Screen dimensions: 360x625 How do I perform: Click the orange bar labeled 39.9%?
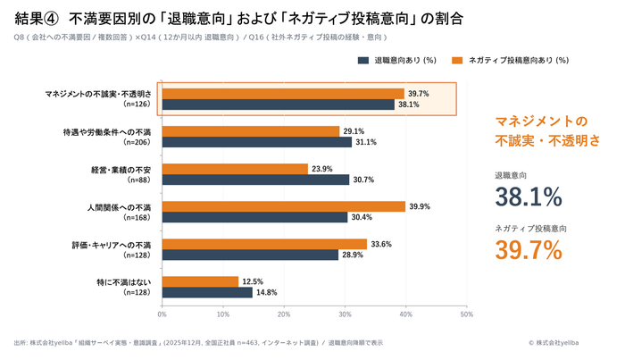click(x=283, y=205)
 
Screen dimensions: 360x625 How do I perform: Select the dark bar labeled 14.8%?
click(x=207, y=292)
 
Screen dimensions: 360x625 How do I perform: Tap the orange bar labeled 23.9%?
click(x=235, y=168)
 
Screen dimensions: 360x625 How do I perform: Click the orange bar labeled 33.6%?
click(x=264, y=243)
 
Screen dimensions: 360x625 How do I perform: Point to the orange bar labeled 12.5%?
click(x=200, y=280)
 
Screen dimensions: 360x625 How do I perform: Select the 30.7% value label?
click(x=362, y=180)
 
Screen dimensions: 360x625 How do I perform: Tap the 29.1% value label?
click(x=353, y=130)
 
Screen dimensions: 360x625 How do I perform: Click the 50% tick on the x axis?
click(x=466, y=314)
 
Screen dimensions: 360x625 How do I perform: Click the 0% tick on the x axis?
click(x=162, y=314)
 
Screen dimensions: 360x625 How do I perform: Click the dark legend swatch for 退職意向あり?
click(x=363, y=61)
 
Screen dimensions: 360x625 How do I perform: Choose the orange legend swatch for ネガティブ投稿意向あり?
click(x=457, y=61)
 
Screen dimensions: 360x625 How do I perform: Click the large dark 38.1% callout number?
click(x=528, y=197)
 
